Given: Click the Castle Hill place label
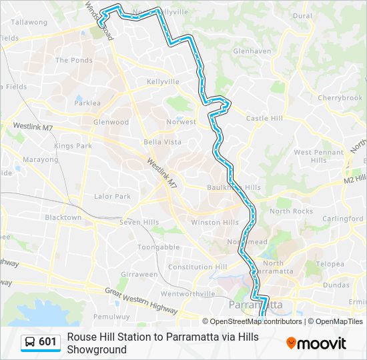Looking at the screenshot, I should coord(265,119).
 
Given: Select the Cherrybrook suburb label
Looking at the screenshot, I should coord(340,98).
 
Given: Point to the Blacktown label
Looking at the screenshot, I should coord(63,217).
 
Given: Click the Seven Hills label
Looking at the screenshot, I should coord(139,222).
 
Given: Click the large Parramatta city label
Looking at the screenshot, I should coord(256,305).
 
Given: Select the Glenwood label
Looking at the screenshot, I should coord(111,123).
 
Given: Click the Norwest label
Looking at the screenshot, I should coord(181,122).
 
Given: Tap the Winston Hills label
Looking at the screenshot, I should coord(215,222).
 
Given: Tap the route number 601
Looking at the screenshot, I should coord(48,342).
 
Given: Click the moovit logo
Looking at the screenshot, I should coord(316,343).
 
